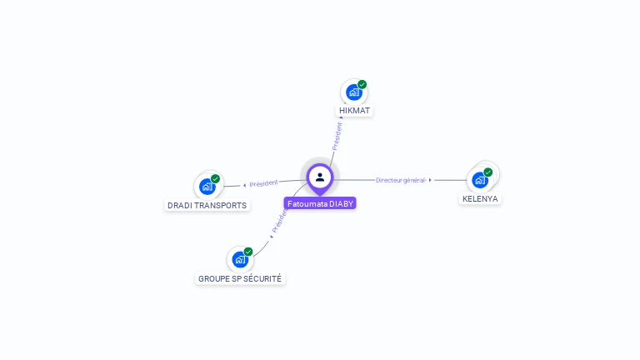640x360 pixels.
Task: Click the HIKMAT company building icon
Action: (353, 92)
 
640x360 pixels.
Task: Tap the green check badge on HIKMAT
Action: (362, 84)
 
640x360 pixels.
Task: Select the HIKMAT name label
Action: (355, 111)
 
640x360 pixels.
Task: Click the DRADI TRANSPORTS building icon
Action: (207, 187)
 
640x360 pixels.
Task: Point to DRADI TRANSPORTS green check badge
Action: (216, 178)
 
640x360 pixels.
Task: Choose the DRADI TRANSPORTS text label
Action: (207, 205)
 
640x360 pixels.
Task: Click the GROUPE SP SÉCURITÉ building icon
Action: (239, 259)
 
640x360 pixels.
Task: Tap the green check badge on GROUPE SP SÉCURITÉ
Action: (248, 251)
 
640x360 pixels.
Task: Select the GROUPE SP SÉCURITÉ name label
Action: (240, 278)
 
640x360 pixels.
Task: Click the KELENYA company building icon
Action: (479, 180)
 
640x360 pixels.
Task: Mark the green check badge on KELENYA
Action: (488, 172)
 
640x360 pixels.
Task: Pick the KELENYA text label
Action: (480, 199)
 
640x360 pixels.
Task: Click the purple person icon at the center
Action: (320, 177)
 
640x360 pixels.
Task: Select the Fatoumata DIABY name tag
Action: (320, 203)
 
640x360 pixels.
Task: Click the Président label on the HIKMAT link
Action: (337, 136)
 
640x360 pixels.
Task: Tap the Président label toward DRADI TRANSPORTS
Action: (263, 183)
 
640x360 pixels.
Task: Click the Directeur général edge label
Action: (401, 180)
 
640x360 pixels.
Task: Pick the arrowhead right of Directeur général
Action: (431, 180)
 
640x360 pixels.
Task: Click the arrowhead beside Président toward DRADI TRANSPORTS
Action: (244, 185)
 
